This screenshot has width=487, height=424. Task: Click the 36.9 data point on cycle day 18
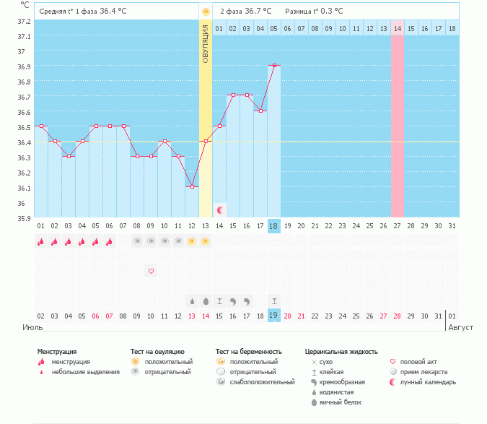[274, 66]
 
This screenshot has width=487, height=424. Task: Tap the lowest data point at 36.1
[192, 186]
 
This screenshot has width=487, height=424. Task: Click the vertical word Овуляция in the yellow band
[206, 43]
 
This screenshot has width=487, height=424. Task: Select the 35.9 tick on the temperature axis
[24, 217]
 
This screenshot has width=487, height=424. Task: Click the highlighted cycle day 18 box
[274, 226]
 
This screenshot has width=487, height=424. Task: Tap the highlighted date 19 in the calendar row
[274, 316]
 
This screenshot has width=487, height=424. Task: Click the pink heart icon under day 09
[151, 271]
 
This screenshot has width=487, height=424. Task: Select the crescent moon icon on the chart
[220, 209]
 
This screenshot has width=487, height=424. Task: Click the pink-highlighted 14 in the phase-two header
[397, 28]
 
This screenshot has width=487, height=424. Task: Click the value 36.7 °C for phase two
[256, 12]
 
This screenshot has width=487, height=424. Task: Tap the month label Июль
[32, 327]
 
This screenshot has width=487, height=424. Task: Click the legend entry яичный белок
[341, 402]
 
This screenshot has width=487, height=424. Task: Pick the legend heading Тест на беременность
[248, 351]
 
